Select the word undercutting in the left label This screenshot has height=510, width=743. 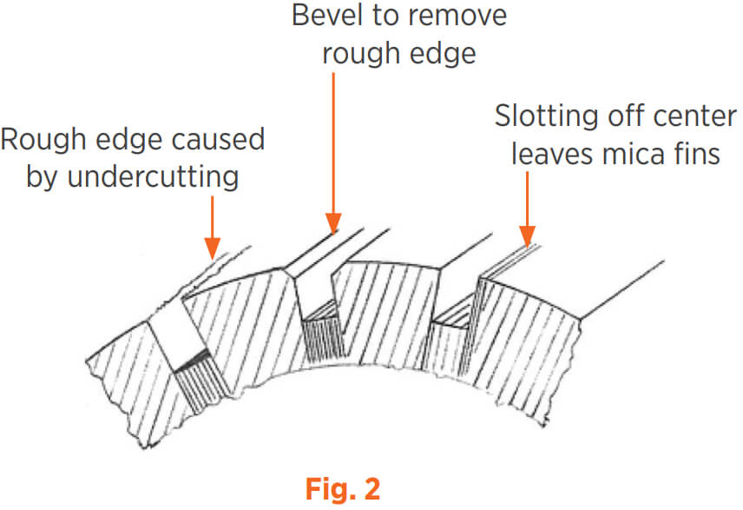(x=153, y=177)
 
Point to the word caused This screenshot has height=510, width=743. (x=218, y=140)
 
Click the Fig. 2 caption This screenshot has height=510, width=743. (x=343, y=488)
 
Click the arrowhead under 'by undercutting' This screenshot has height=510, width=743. (x=213, y=248)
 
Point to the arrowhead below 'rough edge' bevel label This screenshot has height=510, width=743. (x=333, y=222)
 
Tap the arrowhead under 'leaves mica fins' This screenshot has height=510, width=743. (x=528, y=235)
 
